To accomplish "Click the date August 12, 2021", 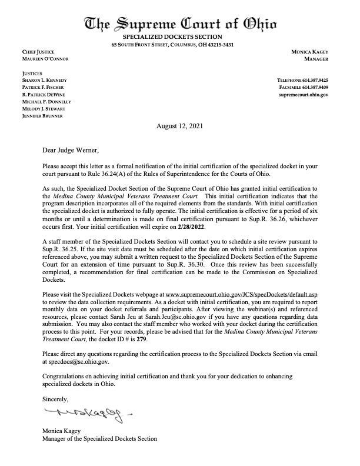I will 179,126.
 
